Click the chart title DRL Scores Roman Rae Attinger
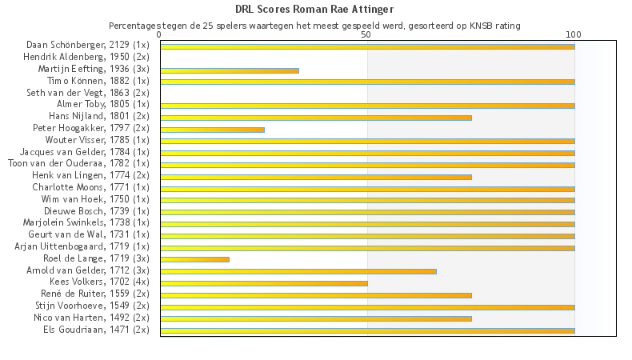[x=314, y=10]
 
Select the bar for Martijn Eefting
[x=230, y=70]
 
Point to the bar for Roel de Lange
[x=194, y=259]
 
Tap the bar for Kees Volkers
[x=264, y=283]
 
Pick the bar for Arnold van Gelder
[x=298, y=271]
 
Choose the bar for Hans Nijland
[x=316, y=118]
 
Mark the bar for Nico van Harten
[x=316, y=318]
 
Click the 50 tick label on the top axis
[x=367, y=35]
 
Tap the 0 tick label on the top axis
[x=160, y=35]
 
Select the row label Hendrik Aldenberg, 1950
[x=86, y=58]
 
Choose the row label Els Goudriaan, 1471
[x=96, y=330]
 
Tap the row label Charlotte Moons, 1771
[x=90, y=187]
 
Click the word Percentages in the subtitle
[x=135, y=26]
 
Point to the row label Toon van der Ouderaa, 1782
[x=78, y=164]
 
